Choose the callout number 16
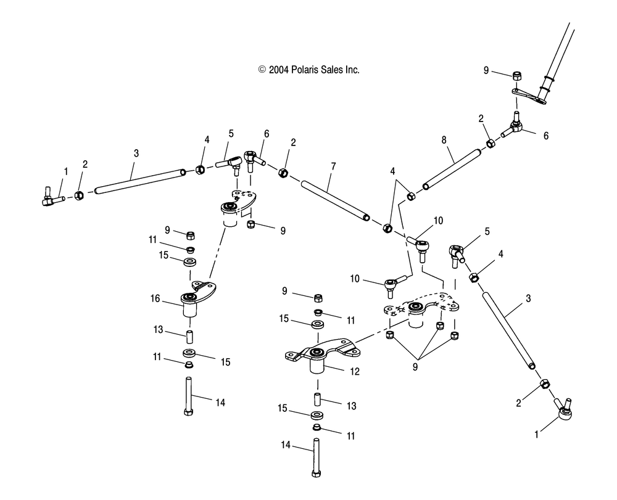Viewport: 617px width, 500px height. tap(155, 298)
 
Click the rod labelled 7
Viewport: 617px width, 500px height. tap(333, 199)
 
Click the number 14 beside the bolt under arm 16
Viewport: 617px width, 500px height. tap(220, 403)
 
